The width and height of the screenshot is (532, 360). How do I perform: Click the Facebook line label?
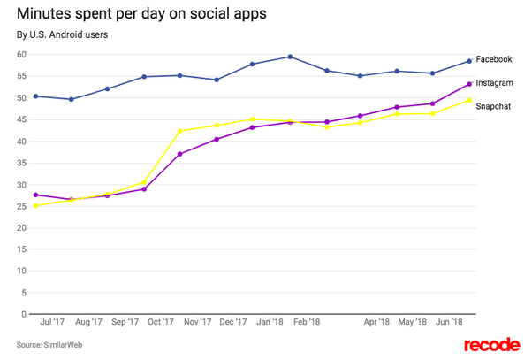(495, 59)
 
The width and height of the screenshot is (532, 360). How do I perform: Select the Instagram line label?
(496, 82)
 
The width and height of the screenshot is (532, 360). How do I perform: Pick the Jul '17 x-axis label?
(51, 323)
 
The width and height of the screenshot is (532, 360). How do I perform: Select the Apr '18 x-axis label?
(376, 323)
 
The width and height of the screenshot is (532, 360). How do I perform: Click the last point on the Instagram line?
(468, 84)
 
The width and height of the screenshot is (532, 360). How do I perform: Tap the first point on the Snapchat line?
(34, 206)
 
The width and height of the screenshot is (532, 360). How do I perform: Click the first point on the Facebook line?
(34, 96)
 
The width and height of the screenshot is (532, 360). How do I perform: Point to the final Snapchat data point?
(468, 100)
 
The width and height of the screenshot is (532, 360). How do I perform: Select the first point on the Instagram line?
(34, 195)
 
